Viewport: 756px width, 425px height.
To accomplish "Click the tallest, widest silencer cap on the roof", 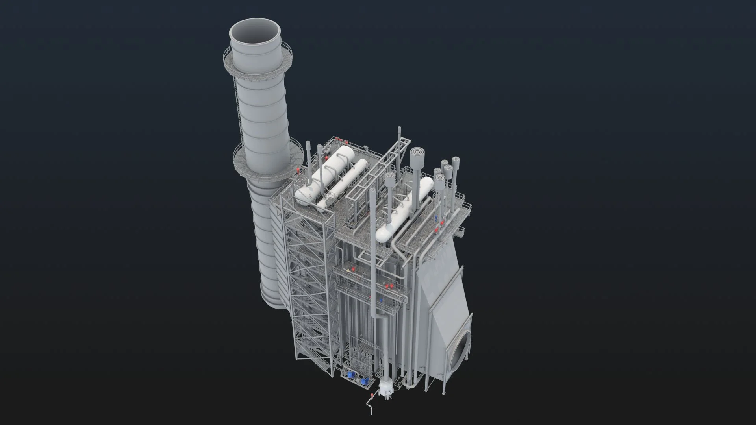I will pyautogui.click(x=416, y=153).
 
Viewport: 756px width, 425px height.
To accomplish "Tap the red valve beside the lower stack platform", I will pyautogui.click(x=298, y=170).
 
